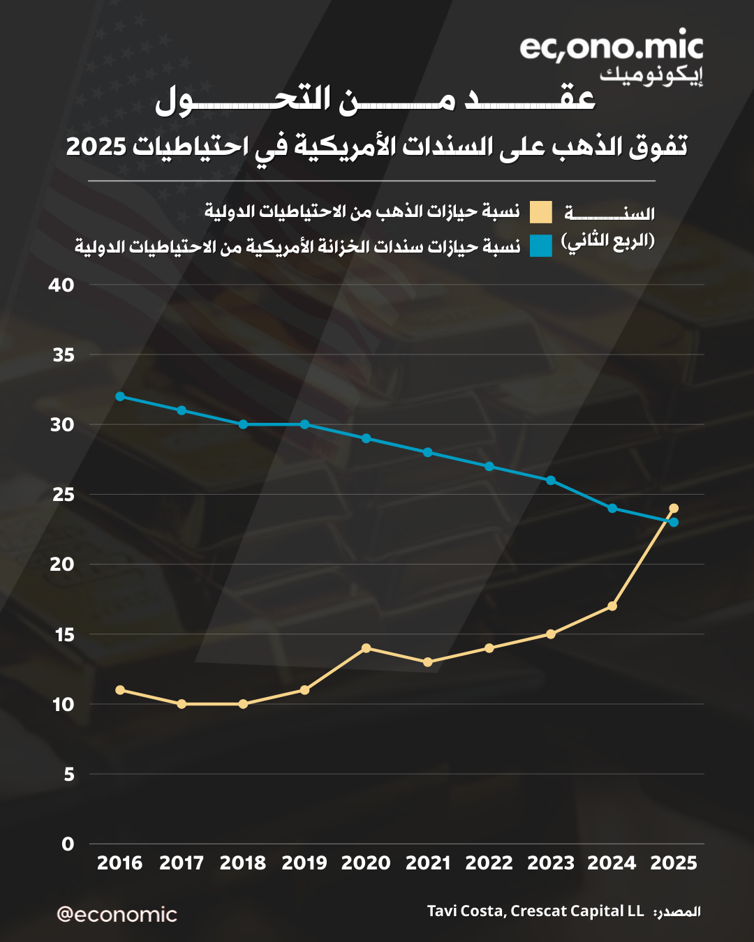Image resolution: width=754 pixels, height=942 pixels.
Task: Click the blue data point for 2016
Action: (x=120, y=396)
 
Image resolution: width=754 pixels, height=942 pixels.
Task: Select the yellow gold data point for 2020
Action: (x=366, y=648)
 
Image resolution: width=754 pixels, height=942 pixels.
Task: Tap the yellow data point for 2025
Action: (x=674, y=508)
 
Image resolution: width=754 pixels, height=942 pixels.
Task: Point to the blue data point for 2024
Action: (x=612, y=508)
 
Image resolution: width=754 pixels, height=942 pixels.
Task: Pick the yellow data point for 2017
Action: (x=182, y=704)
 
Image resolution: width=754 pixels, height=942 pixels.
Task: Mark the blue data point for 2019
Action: (x=304, y=424)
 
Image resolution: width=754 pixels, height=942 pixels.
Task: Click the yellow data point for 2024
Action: (x=612, y=606)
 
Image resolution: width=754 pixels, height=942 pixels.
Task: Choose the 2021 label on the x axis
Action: (x=428, y=863)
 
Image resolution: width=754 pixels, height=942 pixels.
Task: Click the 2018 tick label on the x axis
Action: (x=243, y=863)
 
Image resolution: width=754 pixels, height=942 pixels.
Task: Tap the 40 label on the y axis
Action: (x=61, y=285)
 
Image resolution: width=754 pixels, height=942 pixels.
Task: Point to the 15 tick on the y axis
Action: (x=64, y=635)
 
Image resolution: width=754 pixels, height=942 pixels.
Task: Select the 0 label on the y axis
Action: (x=68, y=844)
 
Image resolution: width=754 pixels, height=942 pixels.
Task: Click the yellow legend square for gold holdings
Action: (x=540, y=211)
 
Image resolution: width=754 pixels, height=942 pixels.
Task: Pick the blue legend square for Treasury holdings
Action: (x=540, y=246)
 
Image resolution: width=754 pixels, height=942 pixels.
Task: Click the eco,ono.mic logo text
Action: (x=611, y=47)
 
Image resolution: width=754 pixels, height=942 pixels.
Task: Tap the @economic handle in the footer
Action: (x=117, y=914)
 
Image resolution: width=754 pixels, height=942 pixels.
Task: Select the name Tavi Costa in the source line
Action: (x=464, y=911)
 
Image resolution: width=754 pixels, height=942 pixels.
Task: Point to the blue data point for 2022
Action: (x=489, y=466)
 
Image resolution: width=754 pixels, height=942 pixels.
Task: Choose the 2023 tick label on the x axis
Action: (x=551, y=863)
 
